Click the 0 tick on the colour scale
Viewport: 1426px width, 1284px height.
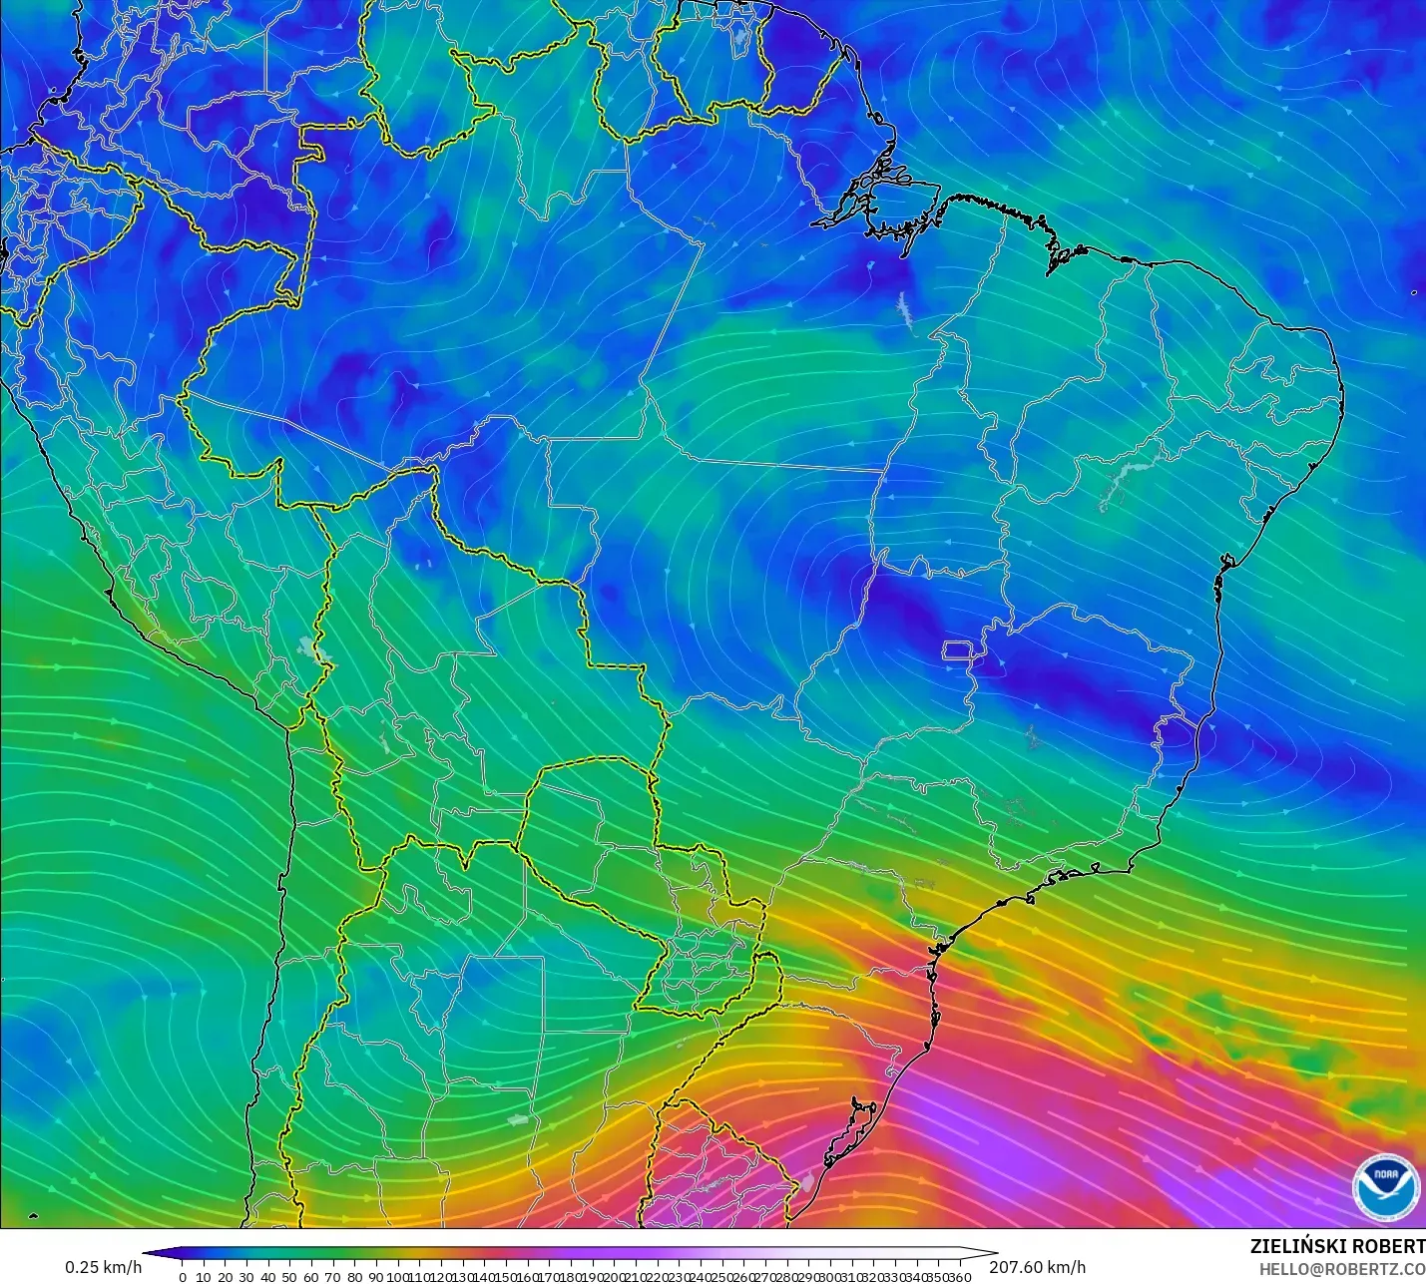tap(182, 1276)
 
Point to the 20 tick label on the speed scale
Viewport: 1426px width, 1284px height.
tap(226, 1276)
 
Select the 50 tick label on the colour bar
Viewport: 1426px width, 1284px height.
tap(289, 1276)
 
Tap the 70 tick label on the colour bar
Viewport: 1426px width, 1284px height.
tap(332, 1276)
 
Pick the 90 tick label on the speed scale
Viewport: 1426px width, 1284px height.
tap(375, 1276)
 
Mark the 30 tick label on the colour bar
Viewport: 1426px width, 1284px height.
tap(246, 1276)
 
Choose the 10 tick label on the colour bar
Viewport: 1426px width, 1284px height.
tap(204, 1276)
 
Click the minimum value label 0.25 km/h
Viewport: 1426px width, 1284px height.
tap(104, 1267)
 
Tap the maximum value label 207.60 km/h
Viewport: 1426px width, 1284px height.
tap(1037, 1267)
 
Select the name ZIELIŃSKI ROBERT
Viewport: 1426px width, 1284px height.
tap(1337, 1246)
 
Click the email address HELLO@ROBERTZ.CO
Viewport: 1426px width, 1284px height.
tap(1341, 1269)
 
